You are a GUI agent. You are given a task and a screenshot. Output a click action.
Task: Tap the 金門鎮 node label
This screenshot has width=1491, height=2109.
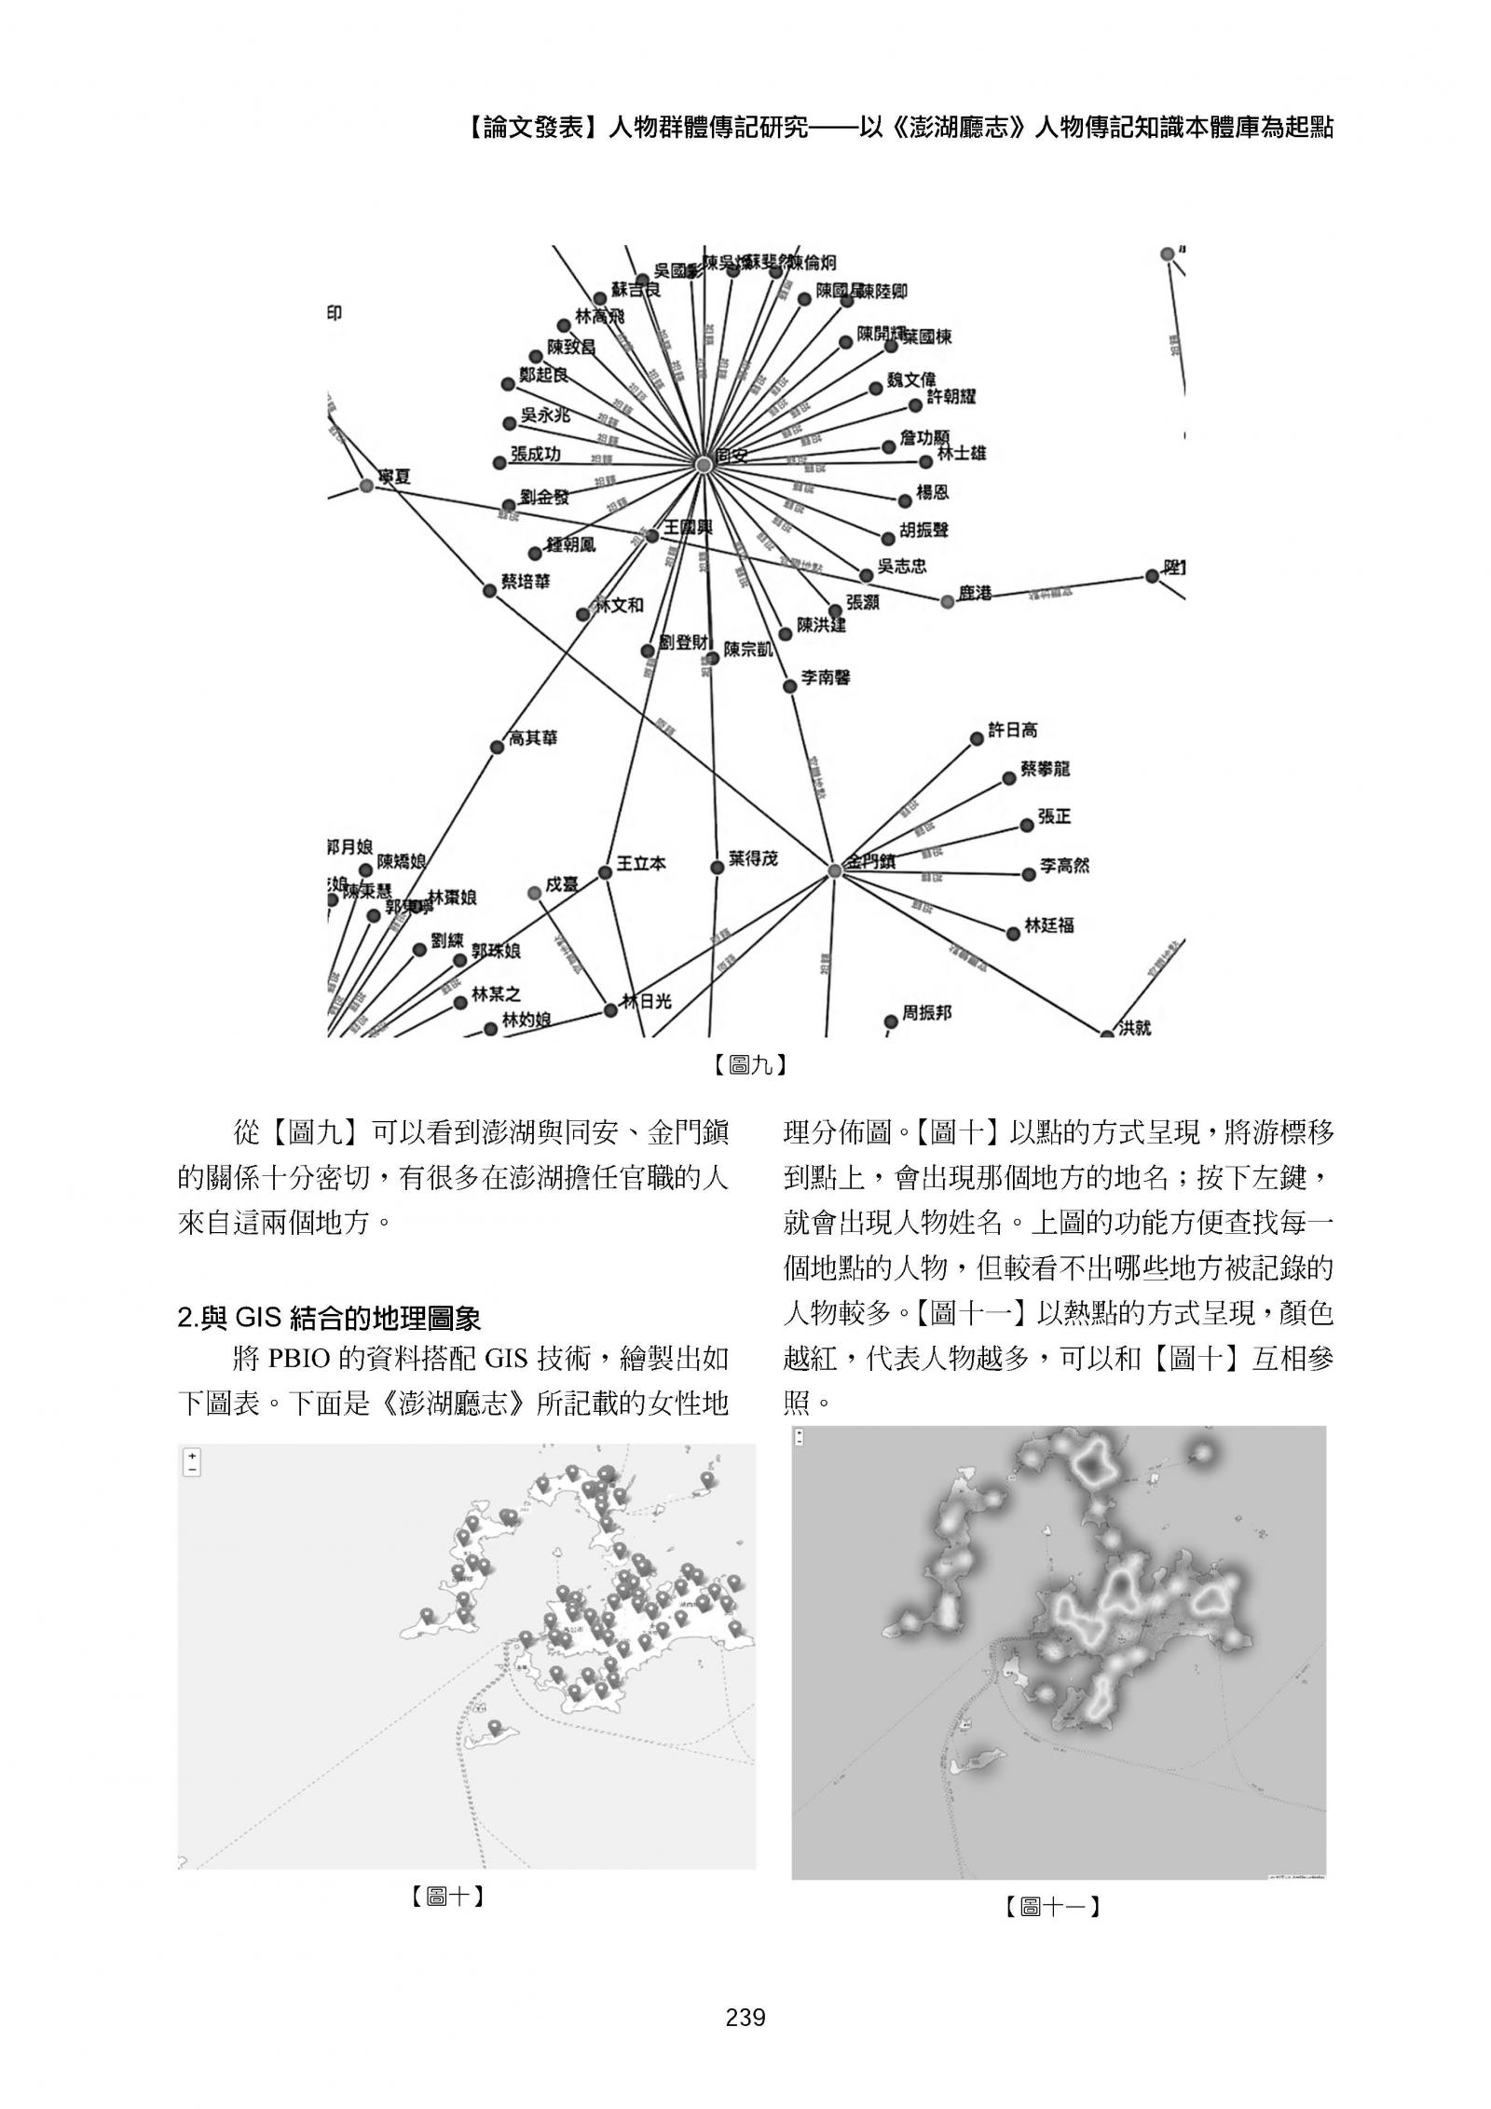[869, 863]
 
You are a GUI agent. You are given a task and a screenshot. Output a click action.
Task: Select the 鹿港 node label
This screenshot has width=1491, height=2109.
[975, 593]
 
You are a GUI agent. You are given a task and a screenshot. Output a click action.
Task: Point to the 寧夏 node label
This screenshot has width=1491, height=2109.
[393, 477]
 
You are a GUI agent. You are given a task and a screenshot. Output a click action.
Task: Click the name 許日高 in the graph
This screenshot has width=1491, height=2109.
[1012, 731]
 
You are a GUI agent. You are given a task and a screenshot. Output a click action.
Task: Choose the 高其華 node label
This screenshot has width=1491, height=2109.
[533, 738]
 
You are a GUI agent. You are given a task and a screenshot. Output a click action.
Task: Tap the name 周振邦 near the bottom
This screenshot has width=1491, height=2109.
[926, 1012]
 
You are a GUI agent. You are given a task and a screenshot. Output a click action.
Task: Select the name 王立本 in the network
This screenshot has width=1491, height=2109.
[641, 863]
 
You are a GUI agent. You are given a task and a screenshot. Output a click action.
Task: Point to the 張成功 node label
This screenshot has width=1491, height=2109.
[535, 455]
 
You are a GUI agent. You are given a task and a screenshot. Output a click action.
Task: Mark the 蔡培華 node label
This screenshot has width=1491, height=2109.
[526, 582]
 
